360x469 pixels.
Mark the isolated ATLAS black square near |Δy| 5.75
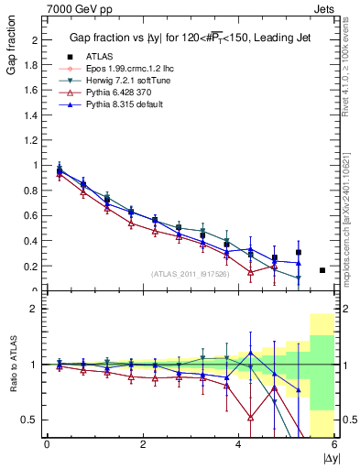click(x=322, y=270)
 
